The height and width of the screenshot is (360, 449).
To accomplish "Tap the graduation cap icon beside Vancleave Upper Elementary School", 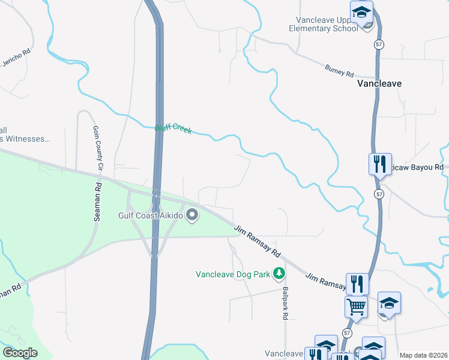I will point(362,13).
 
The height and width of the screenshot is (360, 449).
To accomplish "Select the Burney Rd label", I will point(340,71).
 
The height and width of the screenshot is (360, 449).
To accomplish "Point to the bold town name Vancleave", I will point(379,84).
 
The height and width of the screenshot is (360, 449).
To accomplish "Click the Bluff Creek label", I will point(173,128).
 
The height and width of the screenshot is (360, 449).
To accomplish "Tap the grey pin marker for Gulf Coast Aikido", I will point(193,214).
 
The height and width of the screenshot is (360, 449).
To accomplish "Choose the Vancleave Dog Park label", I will point(232,274).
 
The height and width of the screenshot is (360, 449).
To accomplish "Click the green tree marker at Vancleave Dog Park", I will point(279,274).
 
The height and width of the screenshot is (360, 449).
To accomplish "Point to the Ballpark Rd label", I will point(286,303).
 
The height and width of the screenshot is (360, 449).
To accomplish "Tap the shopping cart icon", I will point(356,307).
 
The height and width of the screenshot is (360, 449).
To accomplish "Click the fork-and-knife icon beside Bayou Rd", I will point(379,163).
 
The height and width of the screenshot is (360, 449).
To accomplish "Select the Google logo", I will point(20,353).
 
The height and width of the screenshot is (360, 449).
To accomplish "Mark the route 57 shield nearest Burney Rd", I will point(378,45).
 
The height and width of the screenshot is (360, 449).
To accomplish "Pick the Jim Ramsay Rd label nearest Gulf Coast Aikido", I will point(258,239).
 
